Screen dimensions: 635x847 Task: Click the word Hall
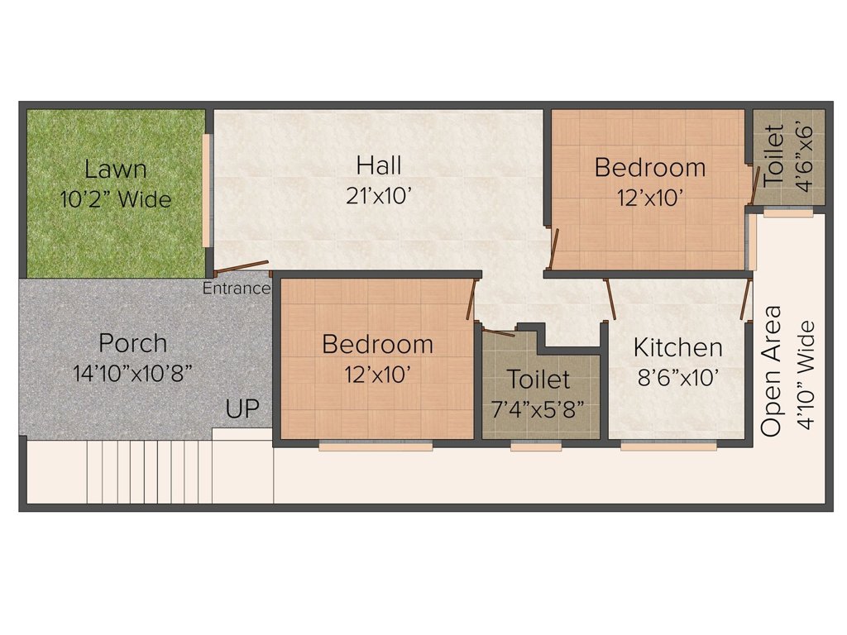click(x=379, y=165)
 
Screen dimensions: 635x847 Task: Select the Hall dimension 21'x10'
click(x=379, y=196)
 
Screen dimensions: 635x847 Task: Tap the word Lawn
click(x=116, y=169)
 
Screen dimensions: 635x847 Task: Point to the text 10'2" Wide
click(x=116, y=199)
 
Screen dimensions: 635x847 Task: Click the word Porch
click(x=132, y=342)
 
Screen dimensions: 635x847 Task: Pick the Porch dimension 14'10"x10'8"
click(x=132, y=373)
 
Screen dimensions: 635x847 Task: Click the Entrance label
click(x=237, y=289)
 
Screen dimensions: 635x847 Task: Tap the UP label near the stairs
click(x=242, y=408)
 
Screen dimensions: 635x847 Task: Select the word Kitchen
click(x=677, y=347)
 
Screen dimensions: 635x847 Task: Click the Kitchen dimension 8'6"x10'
click(x=677, y=378)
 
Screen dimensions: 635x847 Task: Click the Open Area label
click(x=772, y=371)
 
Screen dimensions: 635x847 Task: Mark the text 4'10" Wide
click(x=806, y=371)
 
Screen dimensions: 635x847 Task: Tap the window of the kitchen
click(x=668, y=446)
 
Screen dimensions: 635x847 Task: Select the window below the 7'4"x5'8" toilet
click(x=535, y=446)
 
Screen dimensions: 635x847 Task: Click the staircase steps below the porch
click(x=149, y=471)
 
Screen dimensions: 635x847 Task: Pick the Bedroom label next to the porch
click(x=377, y=343)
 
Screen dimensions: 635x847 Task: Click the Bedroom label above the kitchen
click(x=650, y=168)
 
